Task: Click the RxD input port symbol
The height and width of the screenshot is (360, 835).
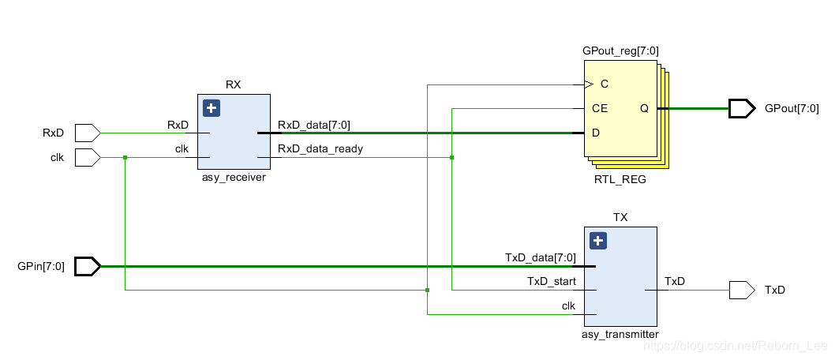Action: coord(87,133)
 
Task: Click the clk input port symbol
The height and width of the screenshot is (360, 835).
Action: coord(87,158)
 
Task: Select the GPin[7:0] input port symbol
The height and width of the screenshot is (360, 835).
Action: coord(87,267)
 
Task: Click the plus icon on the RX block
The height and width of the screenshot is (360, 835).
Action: coord(211,108)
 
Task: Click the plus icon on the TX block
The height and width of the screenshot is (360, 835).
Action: coord(598,241)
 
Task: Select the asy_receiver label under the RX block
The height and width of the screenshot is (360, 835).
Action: coord(233,178)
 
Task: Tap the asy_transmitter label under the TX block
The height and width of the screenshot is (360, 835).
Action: coord(620,335)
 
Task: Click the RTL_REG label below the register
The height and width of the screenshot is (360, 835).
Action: coord(620,179)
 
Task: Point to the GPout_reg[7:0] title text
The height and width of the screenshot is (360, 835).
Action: coord(620,51)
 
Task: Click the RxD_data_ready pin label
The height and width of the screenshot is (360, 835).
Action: coord(320,148)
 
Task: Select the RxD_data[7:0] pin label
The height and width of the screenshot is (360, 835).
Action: coord(313,124)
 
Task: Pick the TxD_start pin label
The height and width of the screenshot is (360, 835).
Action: coord(552,281)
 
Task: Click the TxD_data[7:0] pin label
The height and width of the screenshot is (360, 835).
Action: coord(541,257)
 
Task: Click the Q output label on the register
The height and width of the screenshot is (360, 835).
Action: coord(644,108)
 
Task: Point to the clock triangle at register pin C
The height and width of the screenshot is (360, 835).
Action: coord(588,84)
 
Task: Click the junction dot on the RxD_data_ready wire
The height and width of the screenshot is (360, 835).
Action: coord(451,158)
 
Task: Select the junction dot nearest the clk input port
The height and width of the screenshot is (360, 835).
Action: coord(125,158)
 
